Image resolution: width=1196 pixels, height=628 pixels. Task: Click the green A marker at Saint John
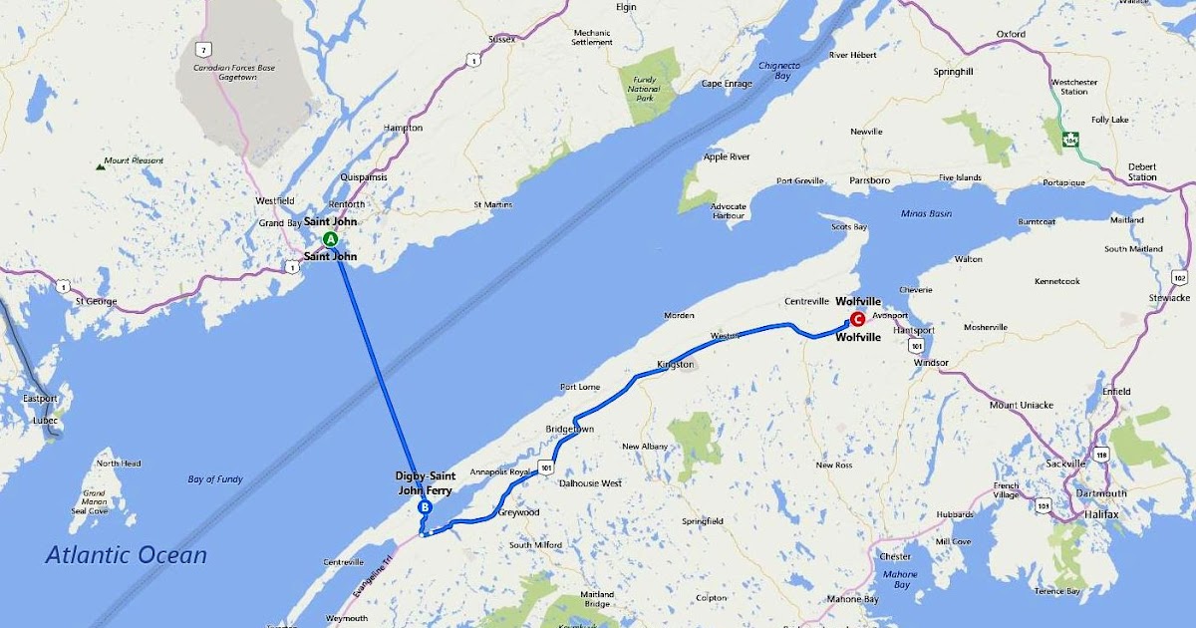click(x=331, y=239)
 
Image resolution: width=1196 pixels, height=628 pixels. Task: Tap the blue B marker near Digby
click(x=425, y=507)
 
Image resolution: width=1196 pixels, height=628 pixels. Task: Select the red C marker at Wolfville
click(x=857, y=319)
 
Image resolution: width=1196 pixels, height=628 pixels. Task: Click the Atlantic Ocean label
click(x=126, y=555)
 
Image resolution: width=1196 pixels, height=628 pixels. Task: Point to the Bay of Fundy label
click(x=215, y=479)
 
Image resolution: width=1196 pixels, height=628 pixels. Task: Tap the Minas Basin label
click(x=926, y=213)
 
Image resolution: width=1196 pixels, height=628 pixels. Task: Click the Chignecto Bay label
click(x=780, y=70)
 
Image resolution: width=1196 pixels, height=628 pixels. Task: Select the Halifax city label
click(x=1101, y=513)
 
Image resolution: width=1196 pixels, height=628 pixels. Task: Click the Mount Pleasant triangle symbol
click(x=101, y=163)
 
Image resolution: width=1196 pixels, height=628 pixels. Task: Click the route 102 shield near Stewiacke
click(x=1180, y=277)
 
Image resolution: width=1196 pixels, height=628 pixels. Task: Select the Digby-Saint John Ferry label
click(x=428, y=482)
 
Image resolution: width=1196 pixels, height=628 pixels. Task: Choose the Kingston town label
click(x=675, y=365)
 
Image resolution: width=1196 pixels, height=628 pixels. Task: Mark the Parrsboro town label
click(x=866, y=180)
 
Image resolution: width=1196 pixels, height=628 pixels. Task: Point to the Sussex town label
click(x=502, y=39)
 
